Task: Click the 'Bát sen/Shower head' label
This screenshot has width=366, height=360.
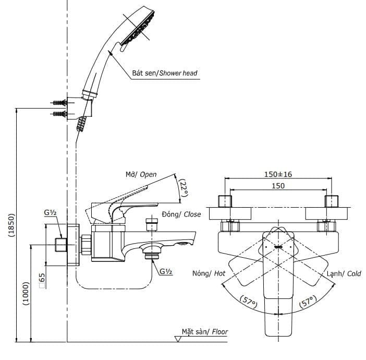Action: [165, 73]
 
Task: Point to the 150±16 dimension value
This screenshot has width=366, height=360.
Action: [278, 174]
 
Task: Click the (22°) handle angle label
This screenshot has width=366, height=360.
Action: [182, 188]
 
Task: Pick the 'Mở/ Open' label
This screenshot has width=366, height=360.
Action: [141, 174]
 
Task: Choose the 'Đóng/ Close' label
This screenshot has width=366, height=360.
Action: [181, 214]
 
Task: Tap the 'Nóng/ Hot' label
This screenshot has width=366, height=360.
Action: [209, 273]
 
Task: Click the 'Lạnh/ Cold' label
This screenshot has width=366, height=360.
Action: [344, 273]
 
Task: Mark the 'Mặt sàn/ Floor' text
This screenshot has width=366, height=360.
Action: [205, 331]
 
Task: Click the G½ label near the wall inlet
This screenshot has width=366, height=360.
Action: [50, 213]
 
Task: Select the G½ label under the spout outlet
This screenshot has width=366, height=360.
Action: [166, 271]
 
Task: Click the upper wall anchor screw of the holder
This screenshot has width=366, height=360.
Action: [59, 102]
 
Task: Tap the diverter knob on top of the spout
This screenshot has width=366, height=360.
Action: [151, 224]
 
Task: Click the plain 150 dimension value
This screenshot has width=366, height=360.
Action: [278, 186]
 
